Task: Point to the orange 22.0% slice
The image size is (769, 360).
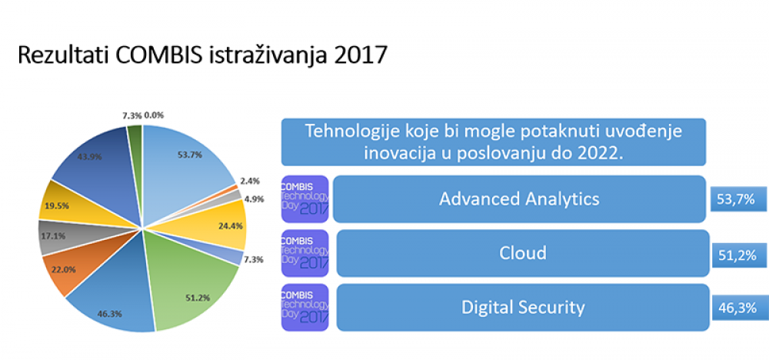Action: tap(66, 270)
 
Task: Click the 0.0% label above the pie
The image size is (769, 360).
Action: tap(154, 115)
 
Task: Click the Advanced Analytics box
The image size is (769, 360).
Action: tap(519, 199)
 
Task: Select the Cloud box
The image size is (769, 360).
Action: tap(523, 253)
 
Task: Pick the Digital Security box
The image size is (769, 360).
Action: tap(523, 308)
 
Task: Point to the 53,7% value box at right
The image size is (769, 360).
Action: tap(738, 199)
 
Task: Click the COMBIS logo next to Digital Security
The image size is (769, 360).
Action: tap(305, 308)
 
